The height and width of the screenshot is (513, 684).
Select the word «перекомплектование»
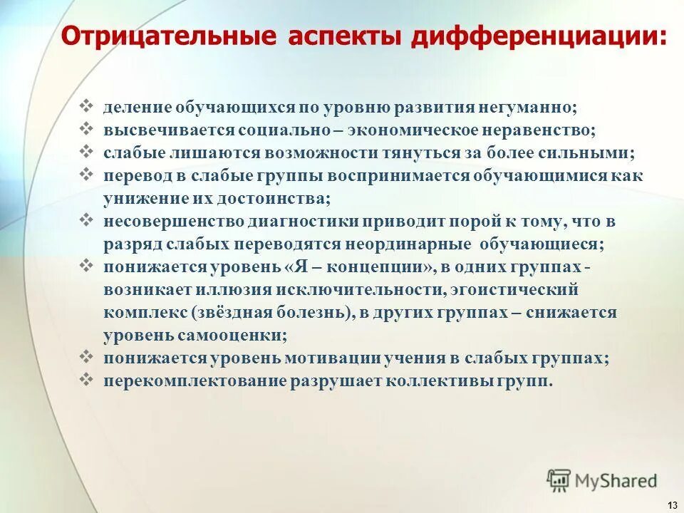[195, 380]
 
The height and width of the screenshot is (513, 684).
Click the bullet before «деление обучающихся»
[88, 108]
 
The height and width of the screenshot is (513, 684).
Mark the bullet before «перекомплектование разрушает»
[88, 380]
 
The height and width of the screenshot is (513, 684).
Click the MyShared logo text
[616, 480]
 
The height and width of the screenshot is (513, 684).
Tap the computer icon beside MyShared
[560, 480]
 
